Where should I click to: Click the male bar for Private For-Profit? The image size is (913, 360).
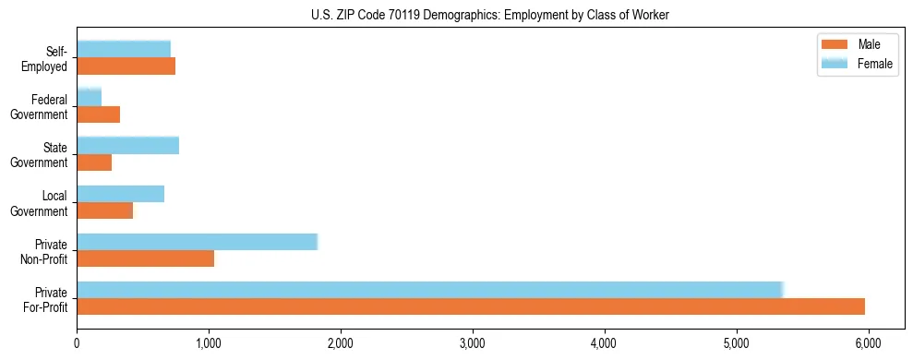coord(471,306)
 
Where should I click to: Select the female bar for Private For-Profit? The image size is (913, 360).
coord(430,289)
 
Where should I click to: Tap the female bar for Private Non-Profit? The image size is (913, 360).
coord(197,242)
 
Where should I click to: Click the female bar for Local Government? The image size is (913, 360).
coord(120,193)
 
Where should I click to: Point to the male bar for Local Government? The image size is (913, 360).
coord(104,210)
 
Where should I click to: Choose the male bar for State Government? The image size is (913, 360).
coord(94,162)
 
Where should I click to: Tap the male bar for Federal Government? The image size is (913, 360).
coord(98,114)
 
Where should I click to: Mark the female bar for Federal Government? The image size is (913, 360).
coord(89,97)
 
